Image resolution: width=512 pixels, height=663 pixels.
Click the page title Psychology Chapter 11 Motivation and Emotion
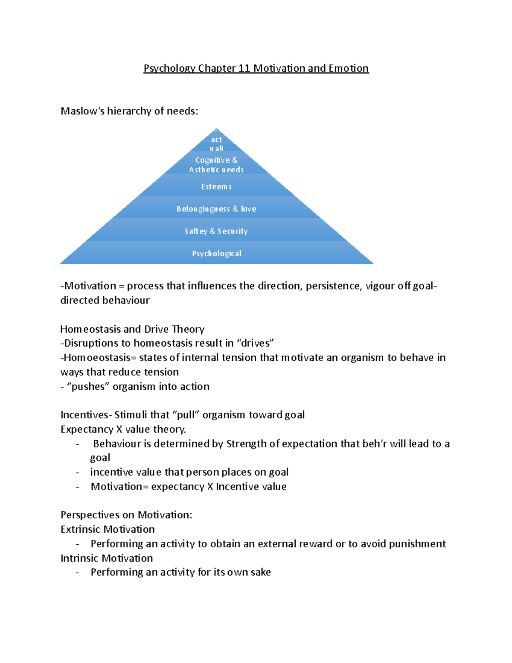tap(256, 68)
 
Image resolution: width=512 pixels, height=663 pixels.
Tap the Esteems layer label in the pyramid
tap(216, 187)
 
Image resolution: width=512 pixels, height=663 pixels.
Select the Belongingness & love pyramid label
tap(216, 209)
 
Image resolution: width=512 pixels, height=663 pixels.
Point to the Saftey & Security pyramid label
tap(216, 231)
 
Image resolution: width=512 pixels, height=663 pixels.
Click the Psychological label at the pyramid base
tap(217, 253)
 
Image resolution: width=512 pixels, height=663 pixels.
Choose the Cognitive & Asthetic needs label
tap(216, 165)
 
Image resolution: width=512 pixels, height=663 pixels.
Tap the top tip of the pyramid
tap(216, 130)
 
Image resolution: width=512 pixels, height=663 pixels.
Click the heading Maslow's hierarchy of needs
tap(129, 111)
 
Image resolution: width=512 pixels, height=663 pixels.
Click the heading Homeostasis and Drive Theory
tap(132, 329)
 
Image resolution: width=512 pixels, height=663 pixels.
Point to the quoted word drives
tap(255, 343)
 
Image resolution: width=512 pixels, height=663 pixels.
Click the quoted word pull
tap(186, 415)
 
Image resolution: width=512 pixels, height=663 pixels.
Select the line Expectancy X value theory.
tap(123, 429)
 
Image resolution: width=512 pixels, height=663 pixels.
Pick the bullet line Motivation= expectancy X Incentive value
tap(189, 487)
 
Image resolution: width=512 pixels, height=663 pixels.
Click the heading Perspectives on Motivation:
tap(126, 515)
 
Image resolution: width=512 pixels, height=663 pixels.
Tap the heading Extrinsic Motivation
tap(108, 529)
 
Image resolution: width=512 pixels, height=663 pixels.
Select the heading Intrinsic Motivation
tap(107, 558)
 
